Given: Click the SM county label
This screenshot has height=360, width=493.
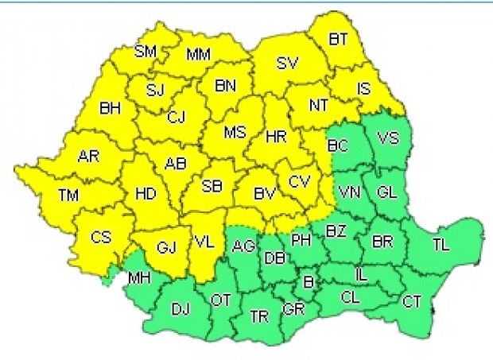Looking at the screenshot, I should coord(146,52).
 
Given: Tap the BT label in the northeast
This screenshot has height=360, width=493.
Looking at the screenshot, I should coord(338,40).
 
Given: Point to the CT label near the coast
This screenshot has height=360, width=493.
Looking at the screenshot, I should coord(412,301).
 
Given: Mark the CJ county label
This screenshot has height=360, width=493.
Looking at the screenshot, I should coord(177,118).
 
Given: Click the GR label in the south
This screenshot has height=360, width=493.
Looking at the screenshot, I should coord(293,308).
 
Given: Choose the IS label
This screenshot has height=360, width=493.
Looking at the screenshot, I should coord(363,89).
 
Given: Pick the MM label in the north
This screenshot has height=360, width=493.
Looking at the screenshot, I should coord(198,55).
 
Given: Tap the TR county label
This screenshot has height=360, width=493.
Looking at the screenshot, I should coord(259,315).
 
